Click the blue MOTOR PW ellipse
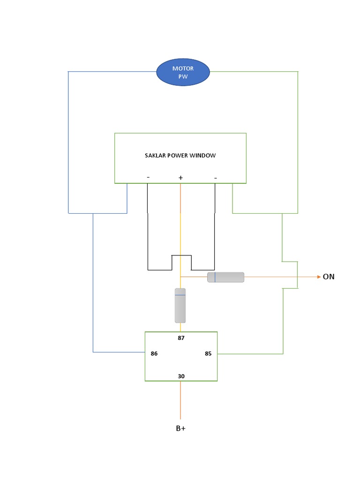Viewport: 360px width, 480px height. (183, 73)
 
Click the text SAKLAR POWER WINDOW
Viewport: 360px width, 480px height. (180, 155)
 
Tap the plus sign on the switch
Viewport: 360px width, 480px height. (180, 178)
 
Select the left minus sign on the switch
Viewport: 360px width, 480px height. (148, 177)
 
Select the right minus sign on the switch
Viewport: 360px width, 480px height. (215, 178)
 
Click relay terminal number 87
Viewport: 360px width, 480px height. (180, 337)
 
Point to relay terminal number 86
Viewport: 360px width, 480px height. (154, 354)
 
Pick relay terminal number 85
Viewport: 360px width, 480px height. (208, 354)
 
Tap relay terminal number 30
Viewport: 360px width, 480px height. (180, 376)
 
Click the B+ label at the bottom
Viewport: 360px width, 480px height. (180, 428)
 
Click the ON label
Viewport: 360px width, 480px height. (329, 277)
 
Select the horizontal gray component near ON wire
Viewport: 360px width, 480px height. (225, 277)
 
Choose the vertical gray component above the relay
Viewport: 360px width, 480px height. (180, 306)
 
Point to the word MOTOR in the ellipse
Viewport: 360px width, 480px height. (183, 68)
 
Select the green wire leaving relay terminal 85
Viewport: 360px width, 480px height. (250, 354)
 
